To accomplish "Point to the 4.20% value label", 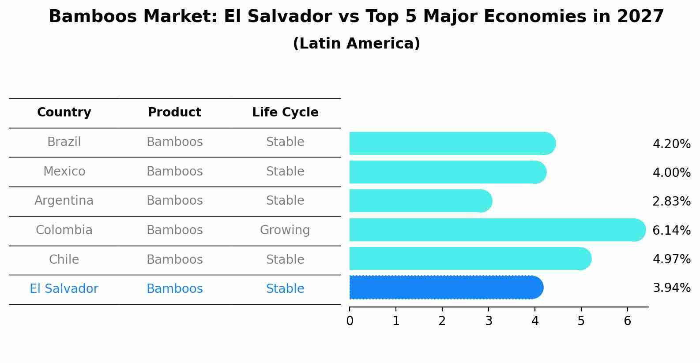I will pyautogui.click(x=671, y=144).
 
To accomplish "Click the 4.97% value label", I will pyautogui.click(x=671, y=259).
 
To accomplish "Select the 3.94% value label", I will pyautogui.click(x=671, y=288).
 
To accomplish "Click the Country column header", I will pyautogui.click(x=64, y=112).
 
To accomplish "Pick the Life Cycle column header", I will pyautogui.click(x=285, y=112).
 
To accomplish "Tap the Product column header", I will pyautogui.click(x=174, y=112).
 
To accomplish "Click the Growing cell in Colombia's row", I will pyautogui.click(x=285, y=230).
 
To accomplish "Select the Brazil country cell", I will pyautogui.click(x=64, y=142).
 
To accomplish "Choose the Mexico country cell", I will pyautogui.click(x=64, y=171).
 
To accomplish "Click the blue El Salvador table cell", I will pyautogui.click(x=64, y=289).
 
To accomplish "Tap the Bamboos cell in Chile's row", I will pyautogui.click(x=174, y=259).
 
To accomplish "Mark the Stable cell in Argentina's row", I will pyautogui.click(x=285, y=201).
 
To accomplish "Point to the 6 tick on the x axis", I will pyautogui.click(x=627, y=321).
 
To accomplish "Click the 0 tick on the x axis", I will pyautogui.click(x=350, y=321).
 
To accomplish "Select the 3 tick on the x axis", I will pyautogui.click(x=489, y=321).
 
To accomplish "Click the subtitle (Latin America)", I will pyautogui.click(x=356, y=44).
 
